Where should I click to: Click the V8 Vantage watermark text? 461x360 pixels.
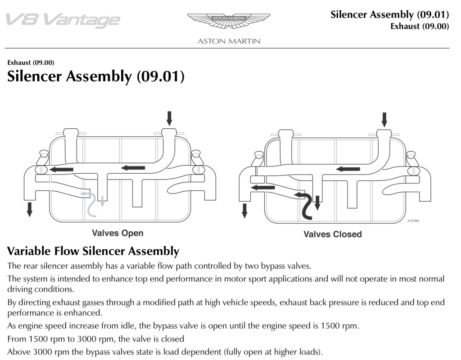pos(63,20)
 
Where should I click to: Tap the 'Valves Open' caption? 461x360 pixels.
pos(118,233)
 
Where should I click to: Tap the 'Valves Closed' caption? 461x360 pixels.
pos(332,234)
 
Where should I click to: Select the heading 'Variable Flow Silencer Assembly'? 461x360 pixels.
pos(93,251)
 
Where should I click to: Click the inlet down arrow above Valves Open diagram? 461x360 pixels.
pos(169,118)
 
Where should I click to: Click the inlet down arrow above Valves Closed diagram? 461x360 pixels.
pos(384,120)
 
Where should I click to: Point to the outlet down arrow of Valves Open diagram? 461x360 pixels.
pos(30,209)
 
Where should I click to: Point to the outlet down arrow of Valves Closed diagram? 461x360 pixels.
pos(244,210)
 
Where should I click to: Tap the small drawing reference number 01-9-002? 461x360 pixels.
pos(413,221)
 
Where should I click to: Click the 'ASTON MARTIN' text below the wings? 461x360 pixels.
pos(229,41)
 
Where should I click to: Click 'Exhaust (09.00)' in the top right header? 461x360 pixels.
pos(420,26)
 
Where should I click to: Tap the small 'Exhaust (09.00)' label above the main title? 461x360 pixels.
pos(31,63)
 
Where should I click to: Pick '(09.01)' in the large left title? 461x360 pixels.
pos(160,76)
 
